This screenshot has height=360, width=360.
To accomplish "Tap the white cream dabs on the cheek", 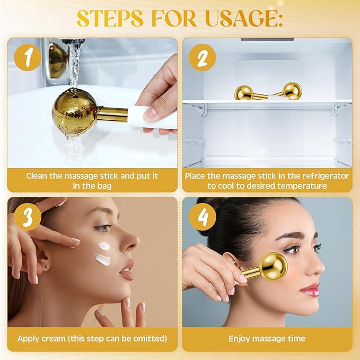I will [103, 253].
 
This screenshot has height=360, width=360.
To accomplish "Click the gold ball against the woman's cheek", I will [274, 266].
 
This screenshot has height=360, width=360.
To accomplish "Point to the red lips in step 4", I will [310, 289].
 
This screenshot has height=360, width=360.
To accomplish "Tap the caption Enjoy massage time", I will [267, 338].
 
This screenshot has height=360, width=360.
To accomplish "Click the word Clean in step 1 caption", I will [39, 175].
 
